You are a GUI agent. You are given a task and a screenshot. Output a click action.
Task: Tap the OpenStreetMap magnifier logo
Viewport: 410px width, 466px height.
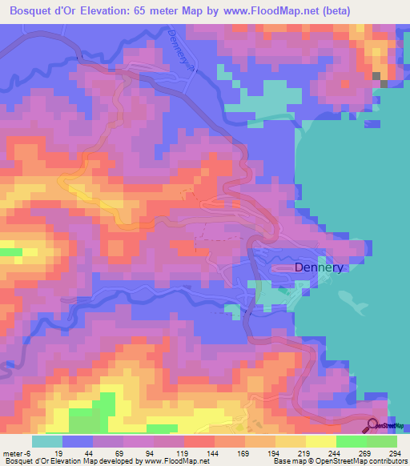pos(373,427)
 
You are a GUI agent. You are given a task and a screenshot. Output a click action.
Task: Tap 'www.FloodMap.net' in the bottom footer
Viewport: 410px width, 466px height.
pos(172,461)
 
